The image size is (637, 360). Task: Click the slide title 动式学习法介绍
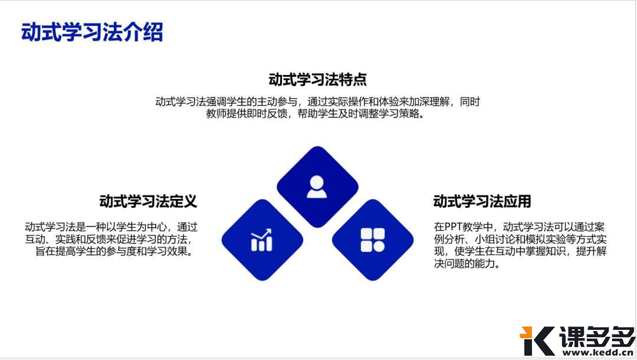point(92,32)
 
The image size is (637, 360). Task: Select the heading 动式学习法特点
point(317,80)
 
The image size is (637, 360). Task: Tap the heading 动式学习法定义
point(147,201)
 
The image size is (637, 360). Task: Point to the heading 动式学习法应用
point(482,201)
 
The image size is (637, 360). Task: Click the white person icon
point(317,186)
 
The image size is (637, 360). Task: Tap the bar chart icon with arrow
point(261,240)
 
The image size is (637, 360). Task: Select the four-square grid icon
point(373,240)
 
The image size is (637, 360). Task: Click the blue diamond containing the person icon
point(317,171)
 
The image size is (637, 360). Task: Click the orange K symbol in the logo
point(536,341)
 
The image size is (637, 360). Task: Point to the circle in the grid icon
point(379,246)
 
